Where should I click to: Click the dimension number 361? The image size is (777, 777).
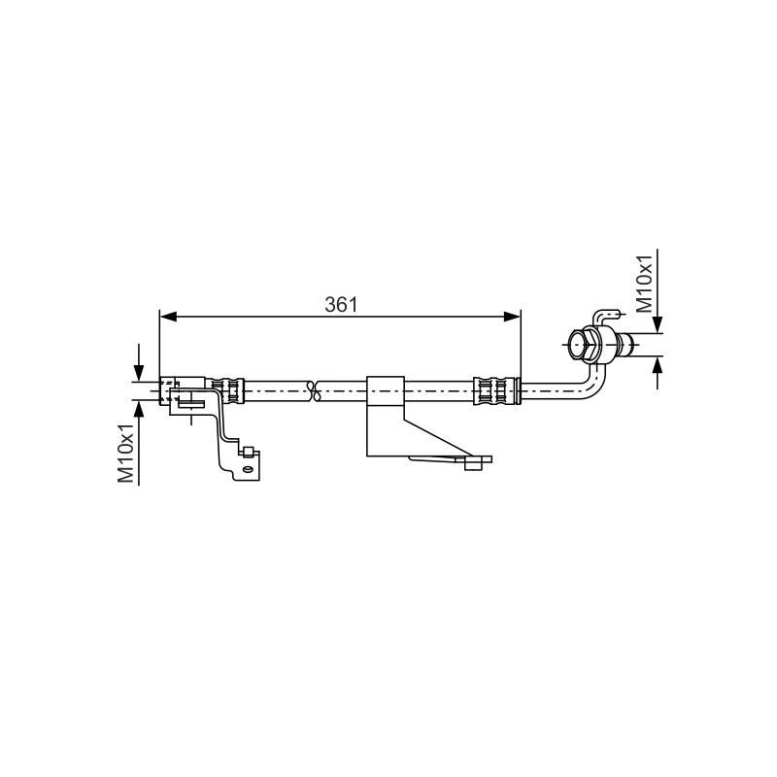tap(341, 304)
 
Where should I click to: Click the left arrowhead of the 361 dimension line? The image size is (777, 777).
tap(168, 317)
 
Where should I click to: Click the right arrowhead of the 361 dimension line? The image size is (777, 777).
tap(513, 317)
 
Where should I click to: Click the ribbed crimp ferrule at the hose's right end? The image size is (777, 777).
tap(494, 391)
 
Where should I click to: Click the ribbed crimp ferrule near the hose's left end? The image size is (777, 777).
tap(228, 391)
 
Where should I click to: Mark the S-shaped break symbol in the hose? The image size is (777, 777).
tap(312, 391)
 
